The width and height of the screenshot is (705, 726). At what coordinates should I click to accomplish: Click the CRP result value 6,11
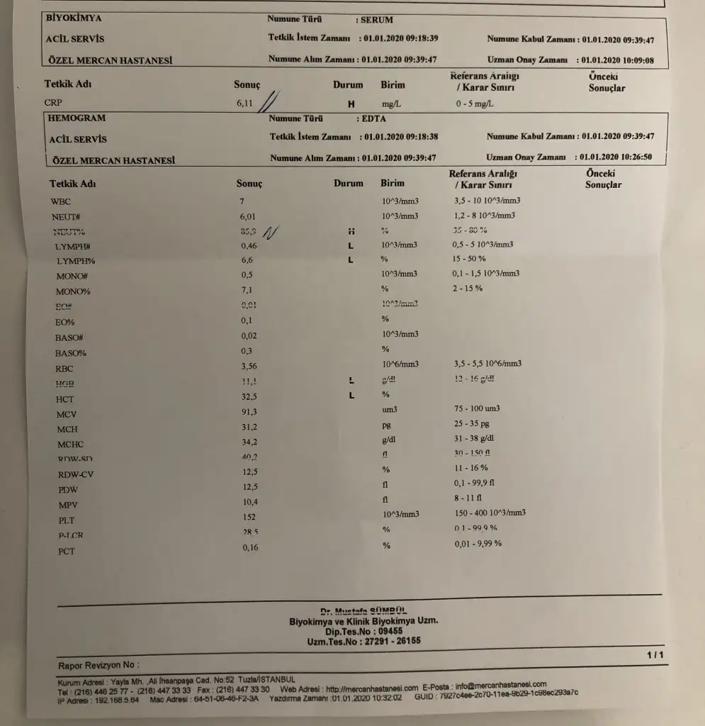click(244, 104)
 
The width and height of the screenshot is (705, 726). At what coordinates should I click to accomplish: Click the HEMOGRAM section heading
click(76, 118)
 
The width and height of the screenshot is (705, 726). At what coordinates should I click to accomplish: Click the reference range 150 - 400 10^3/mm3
click(489, 513)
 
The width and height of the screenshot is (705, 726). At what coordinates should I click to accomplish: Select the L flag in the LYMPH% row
click(350, 260)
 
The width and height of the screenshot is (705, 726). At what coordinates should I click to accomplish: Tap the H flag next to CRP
click(350, 104)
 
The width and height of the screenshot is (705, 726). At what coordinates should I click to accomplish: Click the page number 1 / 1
click(655, 654)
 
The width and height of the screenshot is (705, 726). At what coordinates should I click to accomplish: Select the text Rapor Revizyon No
click(98, 665)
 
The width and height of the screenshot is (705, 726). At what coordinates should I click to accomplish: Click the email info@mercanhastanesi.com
click(501, 686)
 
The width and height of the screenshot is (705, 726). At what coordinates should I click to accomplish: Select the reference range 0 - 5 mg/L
click(475, 104)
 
